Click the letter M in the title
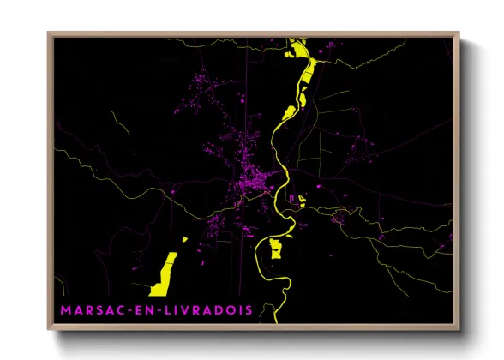66,309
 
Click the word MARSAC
95,309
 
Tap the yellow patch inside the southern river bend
276,248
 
